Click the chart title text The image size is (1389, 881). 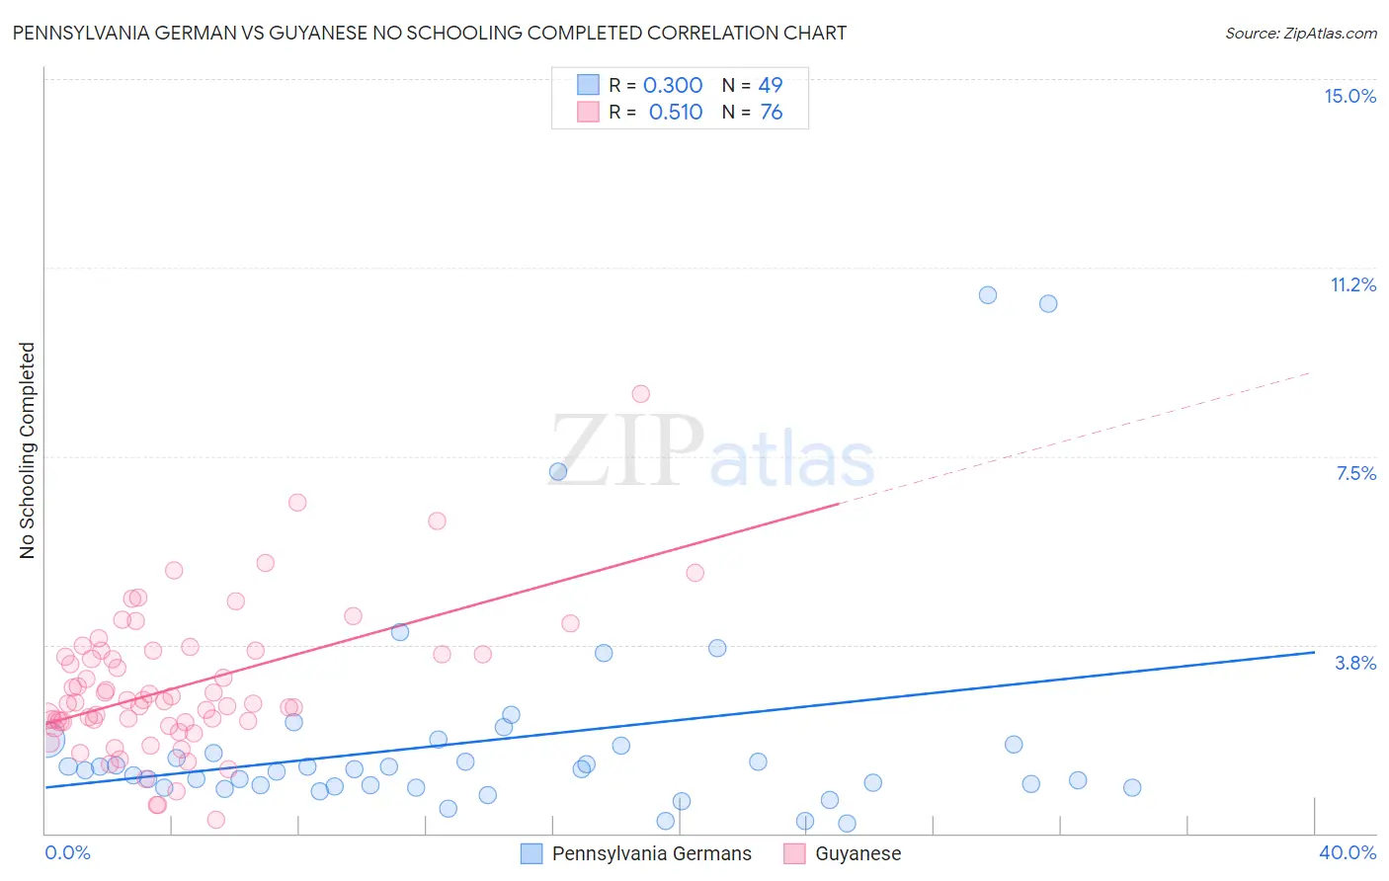pos(429,33)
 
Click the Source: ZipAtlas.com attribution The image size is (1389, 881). pos(1300,33)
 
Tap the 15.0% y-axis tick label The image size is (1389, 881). pos(1349,96)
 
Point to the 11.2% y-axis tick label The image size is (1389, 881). pos(1352,284)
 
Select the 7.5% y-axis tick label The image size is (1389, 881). pos(1355,473)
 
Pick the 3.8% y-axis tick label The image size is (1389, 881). pos(1355,663)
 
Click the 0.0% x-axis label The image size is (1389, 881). pos(67,852)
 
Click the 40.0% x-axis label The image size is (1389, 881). pos(1348,852)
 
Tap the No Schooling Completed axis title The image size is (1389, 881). pos(28,450)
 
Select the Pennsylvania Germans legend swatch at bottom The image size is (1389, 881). pos(531,853)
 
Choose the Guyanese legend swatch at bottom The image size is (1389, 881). pos(794,853)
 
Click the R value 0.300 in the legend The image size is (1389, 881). pos(673,86)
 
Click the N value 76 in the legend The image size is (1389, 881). pos(771,113)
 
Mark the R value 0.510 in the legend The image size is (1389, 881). pos(676,113)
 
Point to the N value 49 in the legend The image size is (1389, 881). pos(771,86)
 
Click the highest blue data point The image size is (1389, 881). pos(987,295)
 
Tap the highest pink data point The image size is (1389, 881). pos(640,394)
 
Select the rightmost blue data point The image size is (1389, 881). pos(1132,787)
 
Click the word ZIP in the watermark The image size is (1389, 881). pos(627,451)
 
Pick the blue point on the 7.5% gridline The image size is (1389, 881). pos(558,472)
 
